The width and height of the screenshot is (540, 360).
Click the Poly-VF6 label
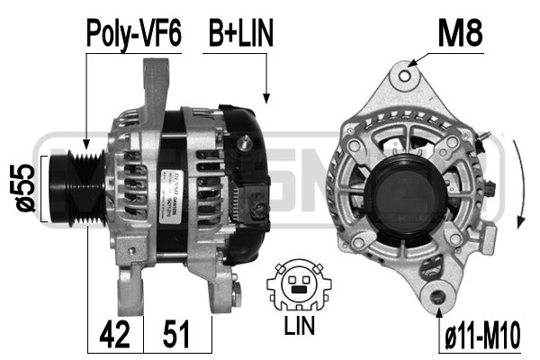point(134,33)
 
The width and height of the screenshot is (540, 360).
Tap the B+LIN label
point(240,33)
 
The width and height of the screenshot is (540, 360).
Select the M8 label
point(460,33)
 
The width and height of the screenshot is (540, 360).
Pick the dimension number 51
point(177,337)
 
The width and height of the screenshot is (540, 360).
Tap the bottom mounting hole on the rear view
point(438,294)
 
